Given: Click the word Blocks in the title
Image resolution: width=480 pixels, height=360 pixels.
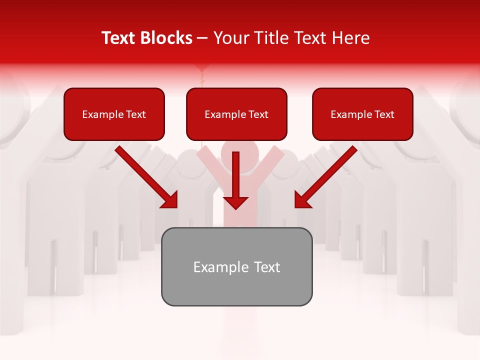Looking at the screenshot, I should pyautogui.click(x=167, y=38).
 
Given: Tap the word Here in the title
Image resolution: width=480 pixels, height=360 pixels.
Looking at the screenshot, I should pyautogui.click(x=350, y=38).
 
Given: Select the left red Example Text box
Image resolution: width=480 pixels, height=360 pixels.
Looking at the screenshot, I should pyautogui.click(x=114, y=114).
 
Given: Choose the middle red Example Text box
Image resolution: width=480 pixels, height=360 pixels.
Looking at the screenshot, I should pyautogui.click(x=236, y=114).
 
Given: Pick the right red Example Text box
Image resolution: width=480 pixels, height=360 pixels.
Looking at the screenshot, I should pyautogui.click(x=362, y=114).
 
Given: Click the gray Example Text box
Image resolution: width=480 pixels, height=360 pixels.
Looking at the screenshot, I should pyautogui.click(x=236, y=266).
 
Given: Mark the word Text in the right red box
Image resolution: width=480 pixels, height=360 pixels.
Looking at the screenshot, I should pyautogui.click(x=384, y=114).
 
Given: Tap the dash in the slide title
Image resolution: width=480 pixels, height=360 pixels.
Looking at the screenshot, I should pyautogui.click(x=202, y=38).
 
